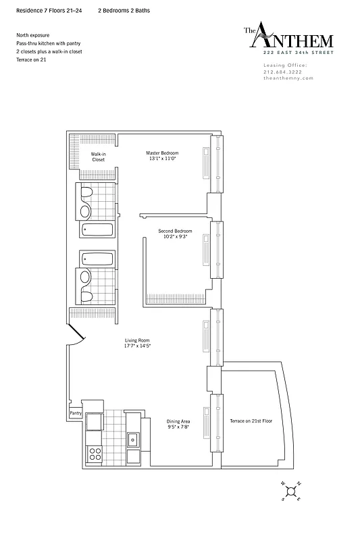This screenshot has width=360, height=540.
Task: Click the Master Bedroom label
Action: [x=162, y=153]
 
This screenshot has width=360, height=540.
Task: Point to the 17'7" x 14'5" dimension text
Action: [x=136, y=346]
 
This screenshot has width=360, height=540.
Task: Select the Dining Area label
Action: [x=178, y=421]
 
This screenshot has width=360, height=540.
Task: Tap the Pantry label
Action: [x=75, y=413]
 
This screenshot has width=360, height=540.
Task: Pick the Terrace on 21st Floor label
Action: [x=251, y=421]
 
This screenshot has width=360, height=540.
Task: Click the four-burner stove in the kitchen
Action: [x=94, y=452]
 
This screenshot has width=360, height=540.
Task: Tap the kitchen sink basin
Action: [x=132, y=439]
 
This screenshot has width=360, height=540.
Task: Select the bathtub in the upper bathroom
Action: [x=99, y=230]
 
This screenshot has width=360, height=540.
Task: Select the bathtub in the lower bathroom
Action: [x=99, y=259]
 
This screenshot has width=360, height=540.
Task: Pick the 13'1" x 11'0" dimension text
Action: [x=162, y=159]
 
